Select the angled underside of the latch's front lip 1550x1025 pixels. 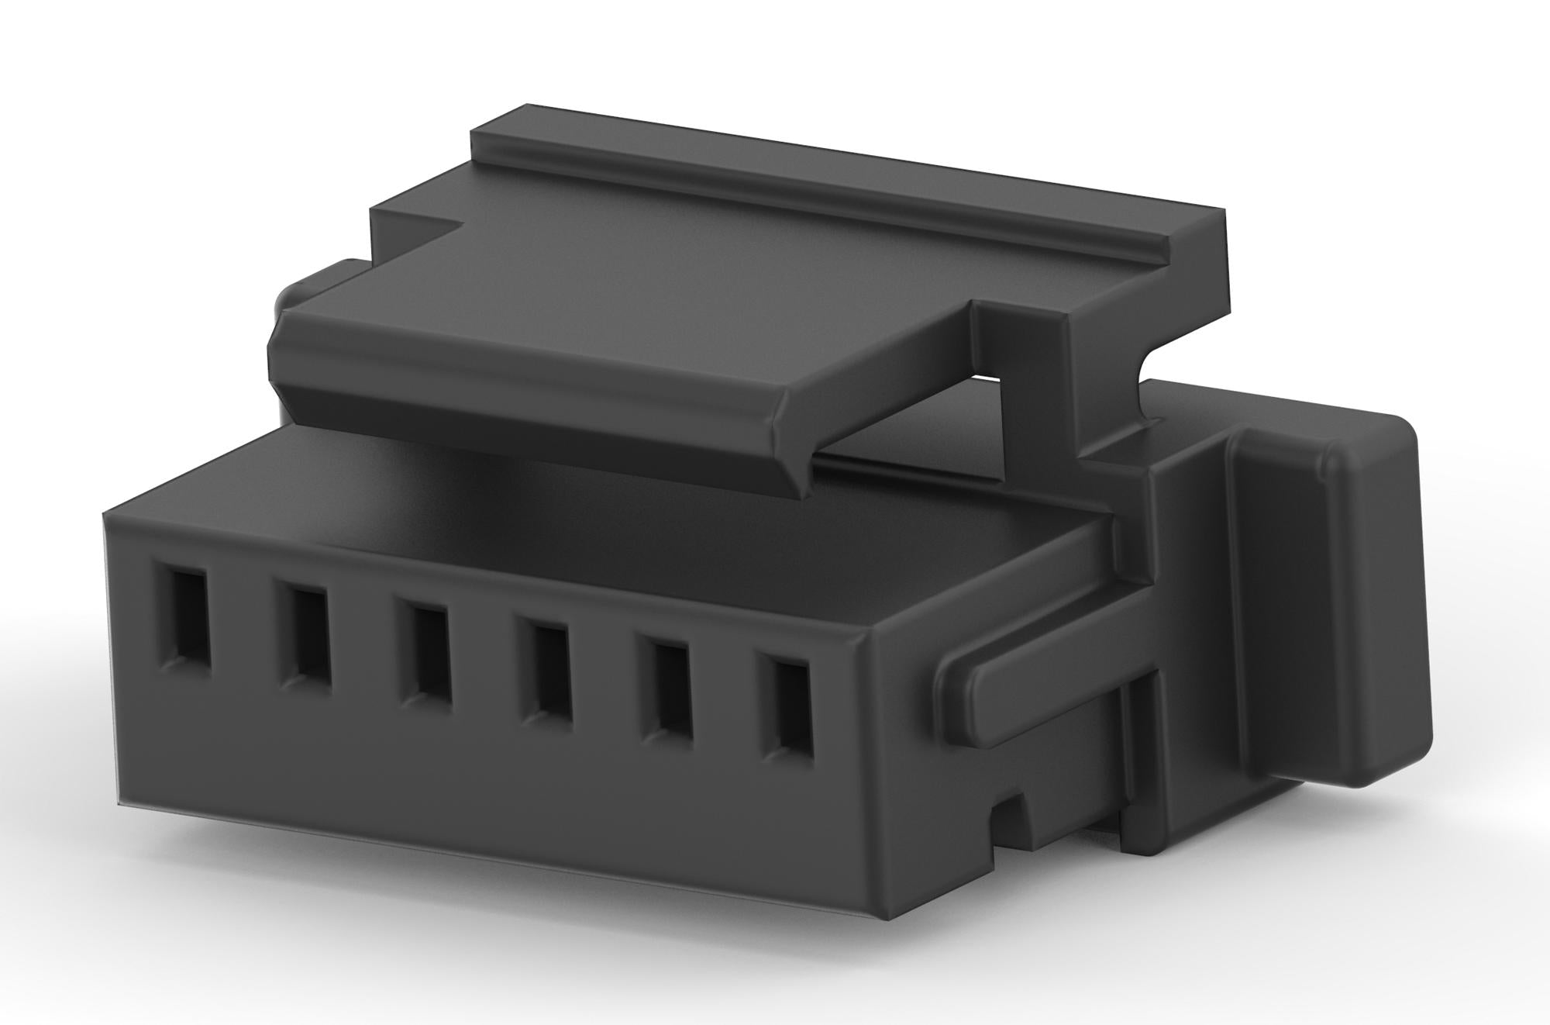pyautogui.click(x=542, y=434)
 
